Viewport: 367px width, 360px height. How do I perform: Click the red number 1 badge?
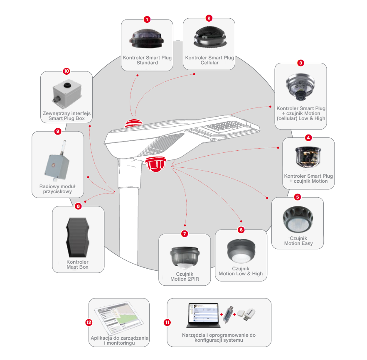147,20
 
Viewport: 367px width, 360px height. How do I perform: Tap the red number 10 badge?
67,71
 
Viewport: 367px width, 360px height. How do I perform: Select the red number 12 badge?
89,322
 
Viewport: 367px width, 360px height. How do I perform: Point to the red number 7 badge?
185,233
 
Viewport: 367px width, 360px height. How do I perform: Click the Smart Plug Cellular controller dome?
210,37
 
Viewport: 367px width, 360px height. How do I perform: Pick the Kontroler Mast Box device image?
78,237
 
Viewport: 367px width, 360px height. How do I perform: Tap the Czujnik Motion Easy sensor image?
298,219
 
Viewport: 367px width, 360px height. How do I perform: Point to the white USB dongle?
246,314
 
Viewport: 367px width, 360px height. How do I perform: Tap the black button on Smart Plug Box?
67,85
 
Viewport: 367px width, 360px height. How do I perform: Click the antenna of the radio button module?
64,147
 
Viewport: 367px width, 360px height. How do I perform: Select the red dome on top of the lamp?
133,123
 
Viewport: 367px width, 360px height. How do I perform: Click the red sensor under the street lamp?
156,164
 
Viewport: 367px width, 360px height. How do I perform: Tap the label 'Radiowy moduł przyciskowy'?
58,189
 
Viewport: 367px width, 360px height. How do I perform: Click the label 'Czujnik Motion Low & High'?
241,271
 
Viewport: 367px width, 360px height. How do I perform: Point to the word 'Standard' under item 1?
147,63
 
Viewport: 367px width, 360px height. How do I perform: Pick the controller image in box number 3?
300,87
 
